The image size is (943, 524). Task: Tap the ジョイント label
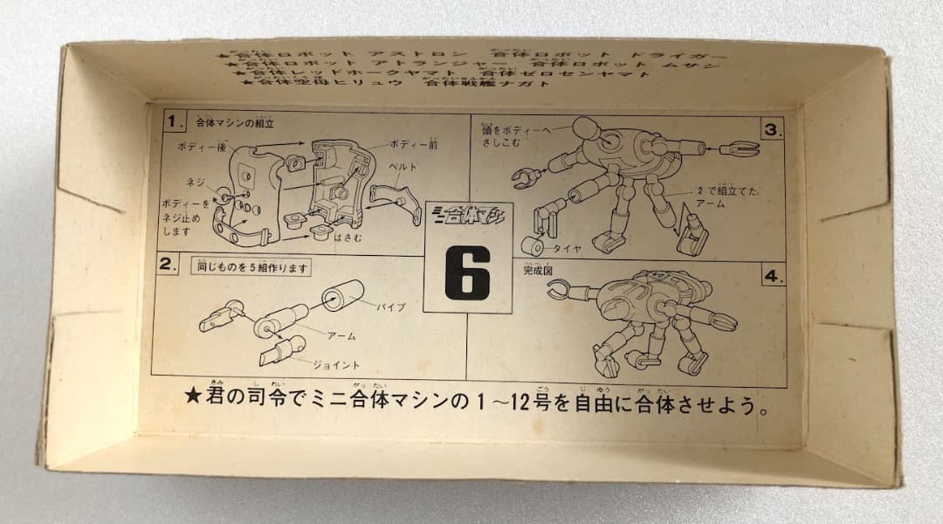point(345,365)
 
